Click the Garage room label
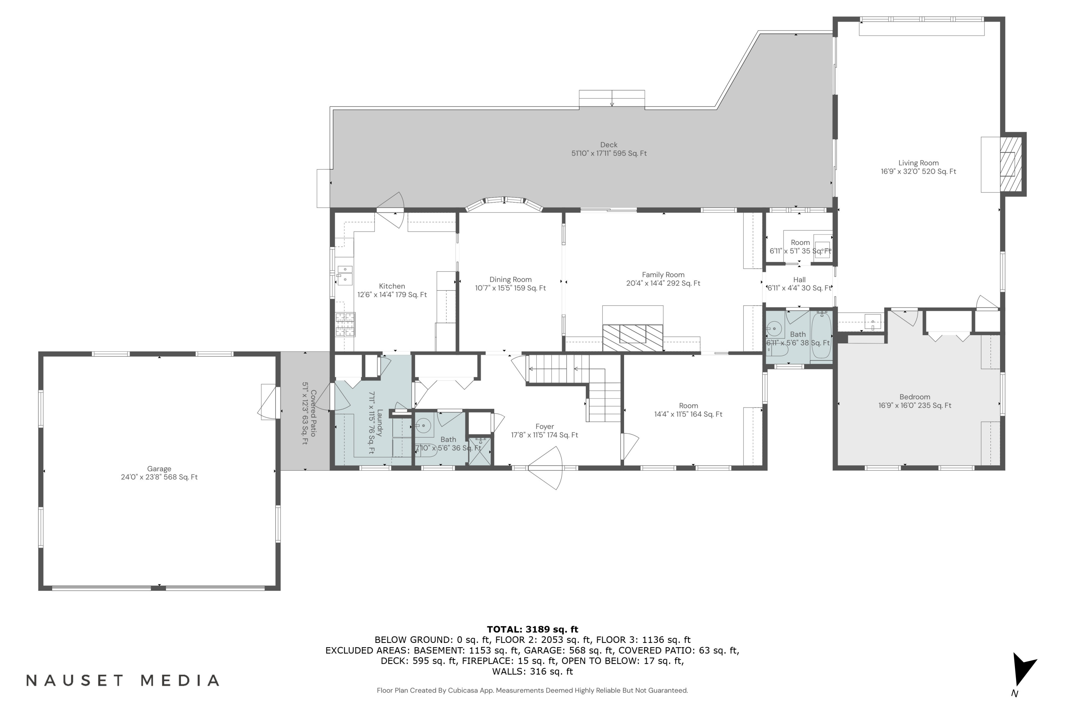[159, 469]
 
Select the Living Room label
[918, 163]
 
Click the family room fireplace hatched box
[633, 337]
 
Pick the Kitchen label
[392, 286]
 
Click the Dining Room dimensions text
[510, 288]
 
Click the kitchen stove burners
[345, 324]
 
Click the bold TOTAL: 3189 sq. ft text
[532, 629]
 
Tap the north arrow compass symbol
[1024, 670]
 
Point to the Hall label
[799, 280]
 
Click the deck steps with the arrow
[612, 99]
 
